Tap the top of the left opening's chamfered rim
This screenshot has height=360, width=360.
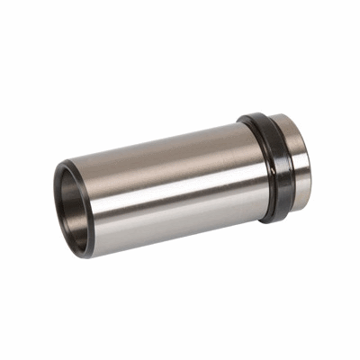tap(65, 164)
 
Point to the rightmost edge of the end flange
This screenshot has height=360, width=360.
tap(312, 162)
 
